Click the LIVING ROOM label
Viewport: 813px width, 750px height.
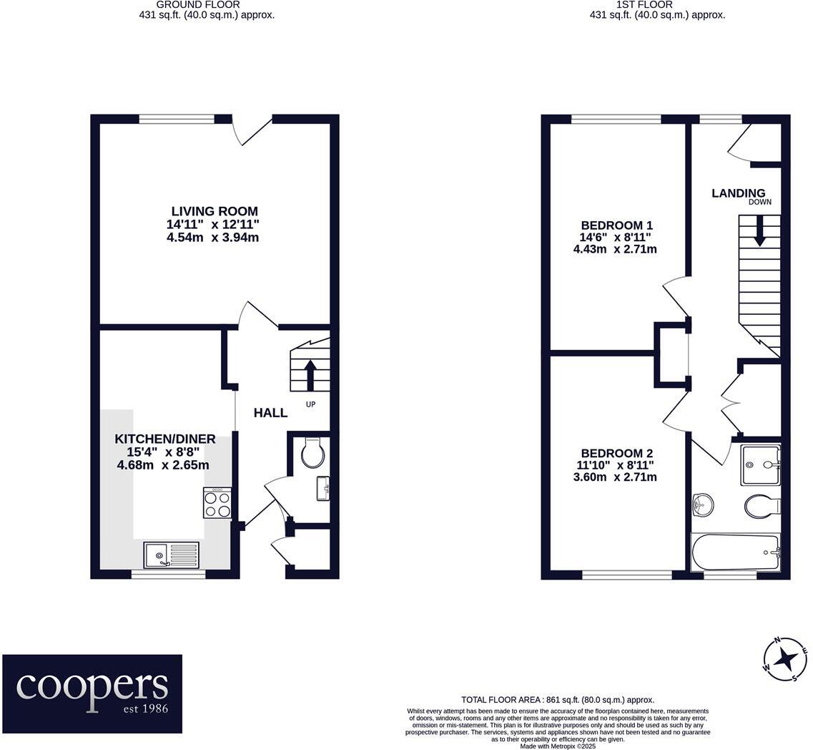tap(215, 211)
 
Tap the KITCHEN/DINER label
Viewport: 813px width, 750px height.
tap(165, 439)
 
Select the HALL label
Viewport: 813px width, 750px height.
tap(271, 413)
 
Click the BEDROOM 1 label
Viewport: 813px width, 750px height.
tap(615, 223)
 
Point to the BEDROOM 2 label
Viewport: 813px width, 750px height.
tap(616, 453)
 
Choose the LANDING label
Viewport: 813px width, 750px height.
tap(738, 193)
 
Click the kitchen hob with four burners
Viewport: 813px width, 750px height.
tap(217, 502)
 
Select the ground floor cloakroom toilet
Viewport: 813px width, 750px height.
tap(313, 453)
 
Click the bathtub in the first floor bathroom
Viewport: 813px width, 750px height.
tap(735, 553)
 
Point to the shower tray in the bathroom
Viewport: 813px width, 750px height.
tap(760, 465)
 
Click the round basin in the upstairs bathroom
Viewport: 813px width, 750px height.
tap(704, 505)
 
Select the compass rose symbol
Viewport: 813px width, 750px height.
tap(785, 658)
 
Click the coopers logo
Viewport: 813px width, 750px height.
tap(92, 693)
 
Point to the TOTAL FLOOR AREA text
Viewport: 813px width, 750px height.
tap(558, 700)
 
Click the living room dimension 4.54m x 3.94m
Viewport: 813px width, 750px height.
tap(212, 237)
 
